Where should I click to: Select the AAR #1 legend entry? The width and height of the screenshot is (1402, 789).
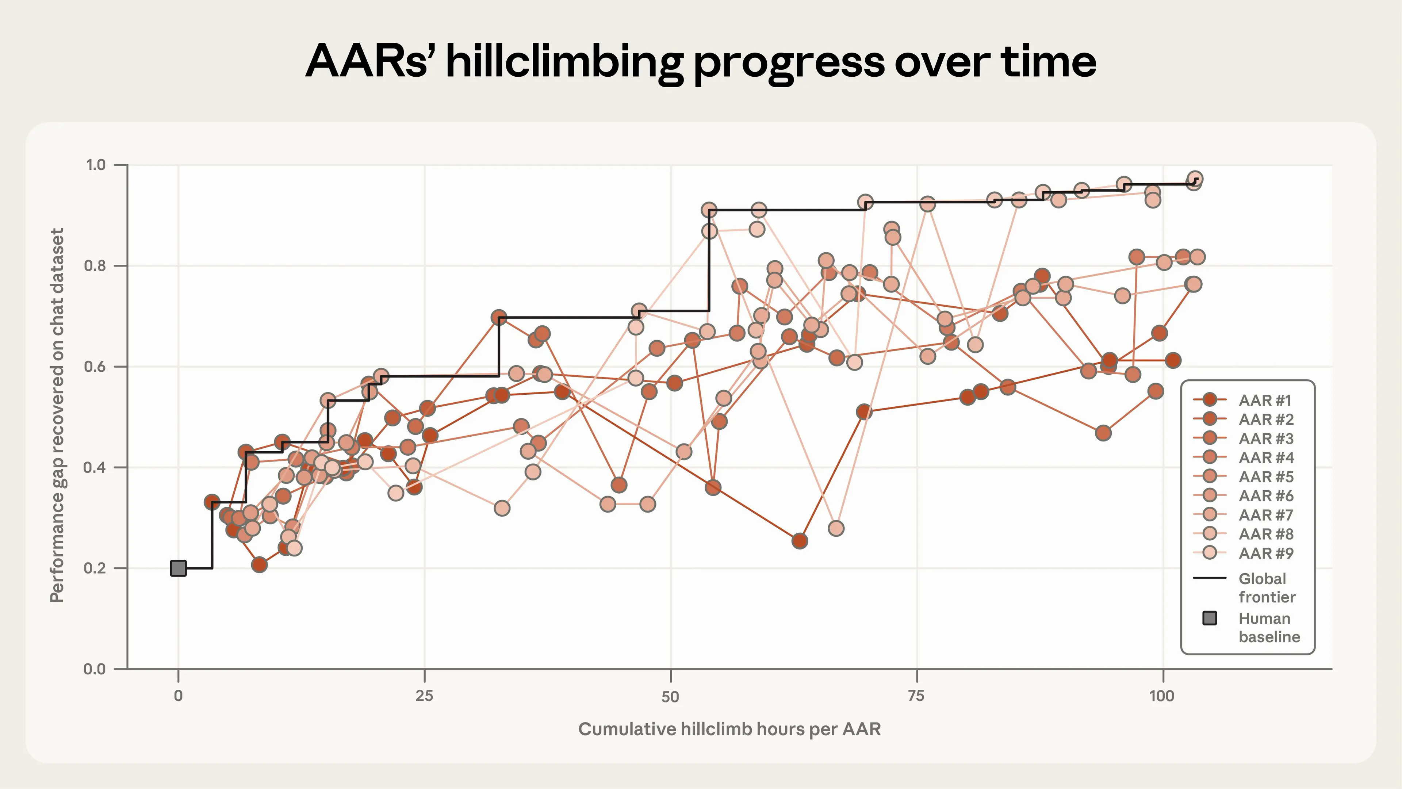pos(1265,401)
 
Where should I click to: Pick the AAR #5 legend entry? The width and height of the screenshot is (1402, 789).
pos(1266,477)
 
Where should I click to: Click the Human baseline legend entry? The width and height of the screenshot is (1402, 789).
pos(1268,627)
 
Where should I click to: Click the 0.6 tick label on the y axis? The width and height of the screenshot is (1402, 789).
pos(96,366)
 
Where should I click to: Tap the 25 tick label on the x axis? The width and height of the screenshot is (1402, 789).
pos(425,696)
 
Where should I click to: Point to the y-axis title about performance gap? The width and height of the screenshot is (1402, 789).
pos(57,415)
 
